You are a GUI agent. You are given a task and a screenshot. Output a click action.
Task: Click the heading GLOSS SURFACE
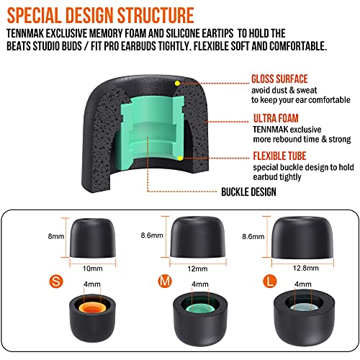pyautogui.click(x=279, y=79)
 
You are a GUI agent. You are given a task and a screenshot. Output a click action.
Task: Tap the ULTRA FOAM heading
pyautogui.click(x=276, y=118)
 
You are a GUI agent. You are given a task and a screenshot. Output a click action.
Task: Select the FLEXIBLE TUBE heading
pyautogui.click(x=279, y=156)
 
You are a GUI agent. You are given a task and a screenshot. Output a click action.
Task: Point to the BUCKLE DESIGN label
pyautogui.click(x=248, y=192)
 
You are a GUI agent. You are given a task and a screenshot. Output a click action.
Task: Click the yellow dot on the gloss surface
pyautogui.click(x=177, y=84)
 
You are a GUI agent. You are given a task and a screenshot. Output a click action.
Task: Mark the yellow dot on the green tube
pyautogui.click(x=180, y=158)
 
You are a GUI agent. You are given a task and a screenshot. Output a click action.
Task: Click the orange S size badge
pyautogui.click(x=56, y=282)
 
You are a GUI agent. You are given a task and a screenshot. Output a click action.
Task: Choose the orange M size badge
pyautogui.click(x=165, y=281)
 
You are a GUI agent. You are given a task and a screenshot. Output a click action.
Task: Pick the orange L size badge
pyautogui.click(x=270, y=281)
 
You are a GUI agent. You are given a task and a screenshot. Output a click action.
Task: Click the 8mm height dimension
pyautogui.click(x=56, y=236)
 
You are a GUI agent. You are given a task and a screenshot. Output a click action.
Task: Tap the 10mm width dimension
pyautogui.click(x=93, y=269)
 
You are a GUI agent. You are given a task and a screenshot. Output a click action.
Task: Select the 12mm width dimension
pyautogui.click(x=197, y=269)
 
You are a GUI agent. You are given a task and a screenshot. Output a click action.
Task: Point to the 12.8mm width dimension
pyautogui.click(x=306, y=268)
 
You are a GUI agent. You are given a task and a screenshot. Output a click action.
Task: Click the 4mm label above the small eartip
pyautogui.click(x=92, y=284)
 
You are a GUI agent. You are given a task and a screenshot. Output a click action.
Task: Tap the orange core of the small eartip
pyautogui.click(x=93, y=307)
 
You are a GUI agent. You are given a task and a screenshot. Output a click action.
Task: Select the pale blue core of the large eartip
pyautogui.click(x=303, y=307)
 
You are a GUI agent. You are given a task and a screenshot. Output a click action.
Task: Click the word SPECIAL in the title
pyautogui.click(x=34, y=15)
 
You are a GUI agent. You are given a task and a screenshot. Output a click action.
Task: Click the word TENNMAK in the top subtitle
pyautogui.click(x=25, y=33)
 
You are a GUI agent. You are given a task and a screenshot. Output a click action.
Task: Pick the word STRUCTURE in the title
pyautogui.click(x=156, y=15)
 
